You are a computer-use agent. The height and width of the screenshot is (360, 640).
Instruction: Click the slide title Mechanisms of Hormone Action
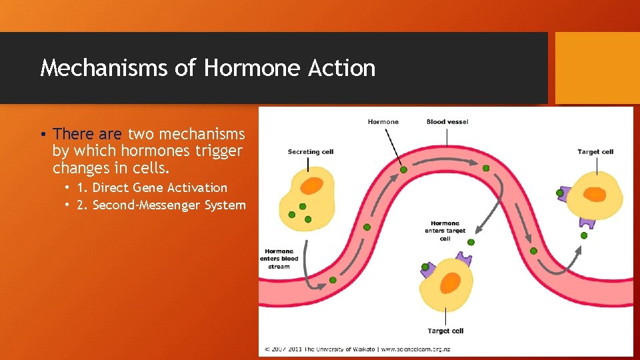coord(207,68)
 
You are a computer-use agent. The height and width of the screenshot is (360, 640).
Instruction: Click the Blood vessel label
coord(447,122)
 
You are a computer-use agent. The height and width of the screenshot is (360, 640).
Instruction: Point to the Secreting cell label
coord(311,152)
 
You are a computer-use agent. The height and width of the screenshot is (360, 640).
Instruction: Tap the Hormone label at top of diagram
coord(383,122)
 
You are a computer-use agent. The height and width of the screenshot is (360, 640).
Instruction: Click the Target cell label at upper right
coord(595,152)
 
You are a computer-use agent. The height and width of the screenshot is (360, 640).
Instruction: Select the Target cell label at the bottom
coord(445,331)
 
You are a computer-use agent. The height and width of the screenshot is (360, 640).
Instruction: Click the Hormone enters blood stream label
coord(279,259)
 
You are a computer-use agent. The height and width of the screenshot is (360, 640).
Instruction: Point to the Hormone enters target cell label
coord(445,231)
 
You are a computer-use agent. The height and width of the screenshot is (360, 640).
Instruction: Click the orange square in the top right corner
coord(597,67)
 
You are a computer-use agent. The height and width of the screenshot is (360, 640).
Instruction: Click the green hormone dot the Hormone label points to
coord(403,170)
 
